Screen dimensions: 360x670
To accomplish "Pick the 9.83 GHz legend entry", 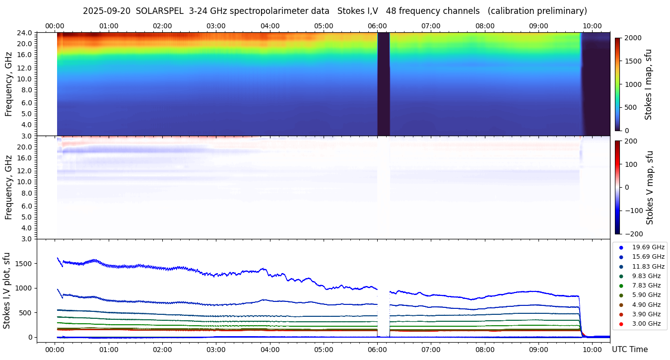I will click(646, 276).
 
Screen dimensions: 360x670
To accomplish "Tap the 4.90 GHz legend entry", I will click(646, 304).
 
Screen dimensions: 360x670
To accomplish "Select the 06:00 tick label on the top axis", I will click(377, 26).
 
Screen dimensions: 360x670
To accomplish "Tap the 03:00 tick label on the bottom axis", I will click(216, 350).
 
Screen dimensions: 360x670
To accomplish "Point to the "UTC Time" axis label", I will click(630, 350).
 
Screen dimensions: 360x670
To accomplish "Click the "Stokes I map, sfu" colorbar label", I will click(648, 84).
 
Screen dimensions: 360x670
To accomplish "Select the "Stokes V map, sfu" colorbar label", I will click(650, 187).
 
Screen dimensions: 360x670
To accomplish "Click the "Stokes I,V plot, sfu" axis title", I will click(7, 290).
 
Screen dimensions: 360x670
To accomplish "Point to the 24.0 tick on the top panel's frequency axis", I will click(25, 33).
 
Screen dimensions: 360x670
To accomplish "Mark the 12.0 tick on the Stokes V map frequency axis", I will click(25, 170).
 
